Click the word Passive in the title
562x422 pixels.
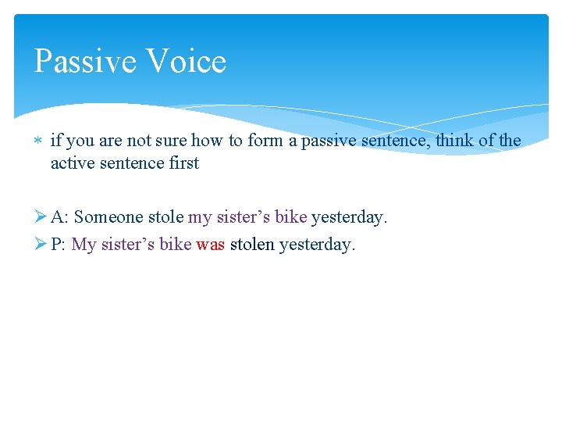click(x=82, y=62)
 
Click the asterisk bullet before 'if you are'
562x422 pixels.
click(x=39, y=141)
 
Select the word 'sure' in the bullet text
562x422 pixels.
click(x=175, y=141)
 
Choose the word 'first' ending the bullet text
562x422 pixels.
click(x=183, y=163)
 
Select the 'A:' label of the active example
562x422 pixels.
click(x=59, y=217)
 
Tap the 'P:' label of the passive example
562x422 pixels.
click(x=59, y=245)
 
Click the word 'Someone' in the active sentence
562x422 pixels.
click(x=108, y=217)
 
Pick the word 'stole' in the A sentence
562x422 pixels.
click(x=165, y=217)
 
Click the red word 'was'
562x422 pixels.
click(x=211, y=245)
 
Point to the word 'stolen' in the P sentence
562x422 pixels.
click(x=252, y=245)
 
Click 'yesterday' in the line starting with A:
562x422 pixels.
click(x=349, y=217)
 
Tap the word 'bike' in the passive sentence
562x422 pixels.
click(x=175, y=245)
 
